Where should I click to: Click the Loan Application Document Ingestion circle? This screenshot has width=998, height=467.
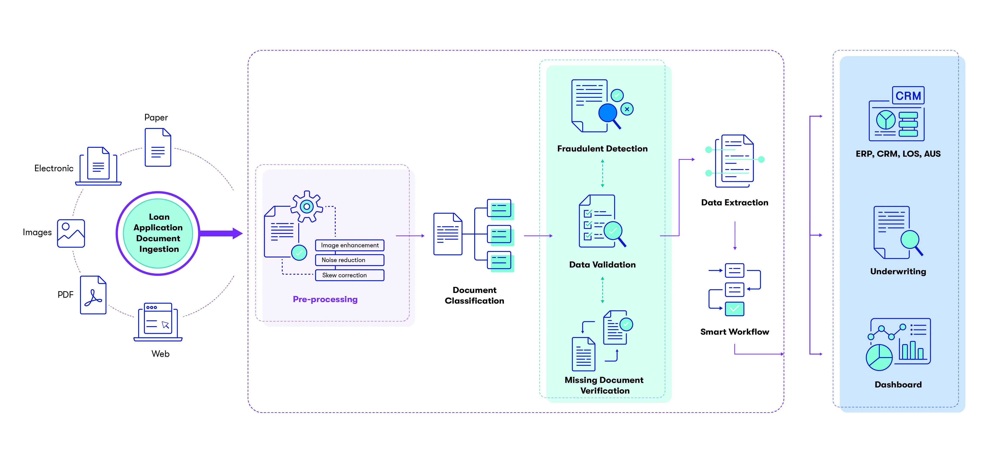(158, 233)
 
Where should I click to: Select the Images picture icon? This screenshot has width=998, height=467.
(71, 233)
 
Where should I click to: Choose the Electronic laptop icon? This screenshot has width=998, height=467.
(98, 166)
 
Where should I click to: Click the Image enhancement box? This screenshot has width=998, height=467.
(350, 245)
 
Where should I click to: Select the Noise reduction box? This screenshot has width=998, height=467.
(350, 260)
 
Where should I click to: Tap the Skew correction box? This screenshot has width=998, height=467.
(350, 275)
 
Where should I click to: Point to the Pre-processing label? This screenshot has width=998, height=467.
(325, 299)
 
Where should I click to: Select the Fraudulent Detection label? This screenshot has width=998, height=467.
(602, 149)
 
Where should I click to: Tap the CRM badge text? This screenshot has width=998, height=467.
(908, 96)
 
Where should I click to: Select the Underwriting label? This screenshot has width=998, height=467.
(898, 271)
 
